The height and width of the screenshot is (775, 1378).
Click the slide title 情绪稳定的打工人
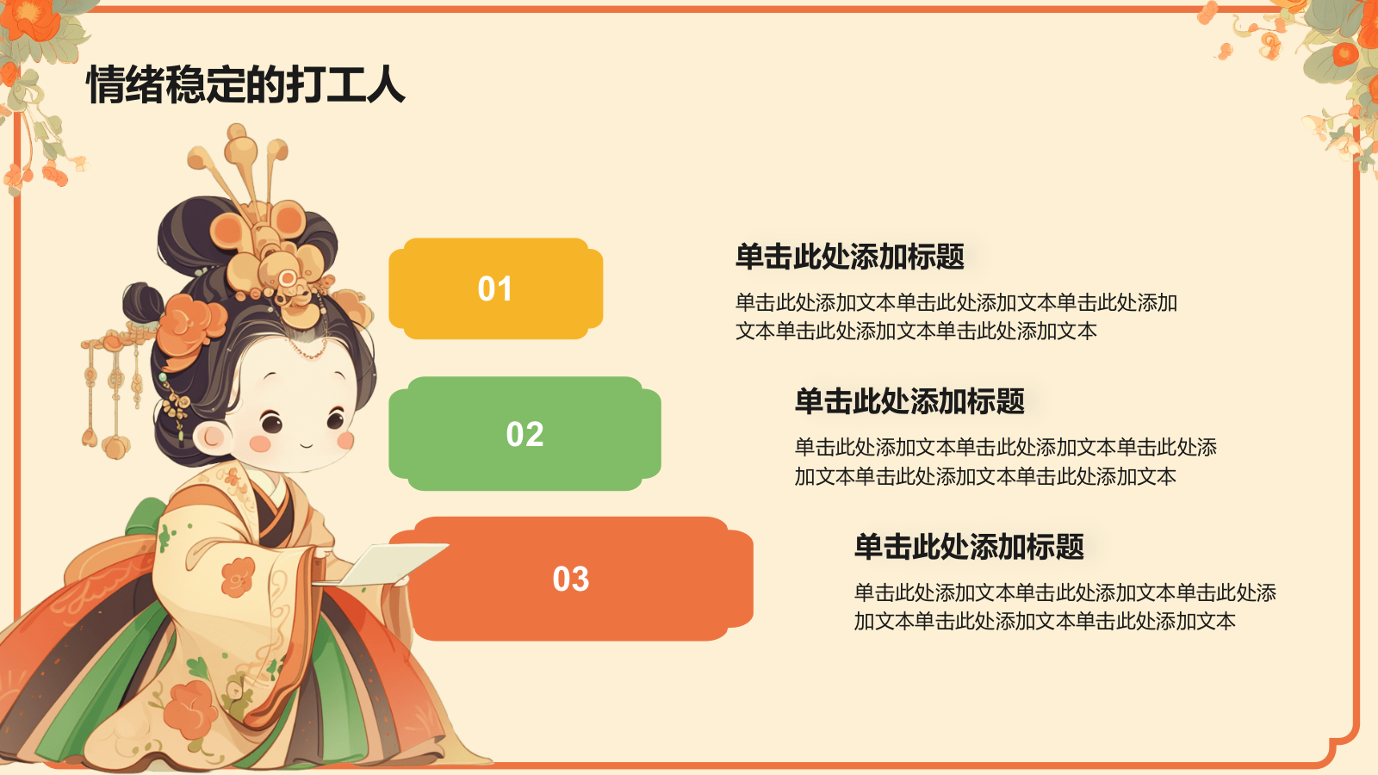tap(245, 84)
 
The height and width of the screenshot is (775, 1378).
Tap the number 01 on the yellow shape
tap(495, 289)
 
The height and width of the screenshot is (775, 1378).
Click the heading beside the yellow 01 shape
tap(849, 257)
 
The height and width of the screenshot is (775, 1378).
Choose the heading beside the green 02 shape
tap(909, 401)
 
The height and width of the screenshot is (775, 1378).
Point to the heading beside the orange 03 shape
tap(968, 547)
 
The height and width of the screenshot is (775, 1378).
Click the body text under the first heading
tap(956, 317)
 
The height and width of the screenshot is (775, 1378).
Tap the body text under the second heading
tap(1005, 462)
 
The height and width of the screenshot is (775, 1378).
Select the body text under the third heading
tap(1065, 606)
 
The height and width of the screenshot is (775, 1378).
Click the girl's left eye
tap(272, 423)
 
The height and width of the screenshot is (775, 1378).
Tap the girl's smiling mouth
tap(307, 445)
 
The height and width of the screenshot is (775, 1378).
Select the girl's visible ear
tap(211, 437)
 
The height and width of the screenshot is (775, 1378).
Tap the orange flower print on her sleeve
tap(238, 577)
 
